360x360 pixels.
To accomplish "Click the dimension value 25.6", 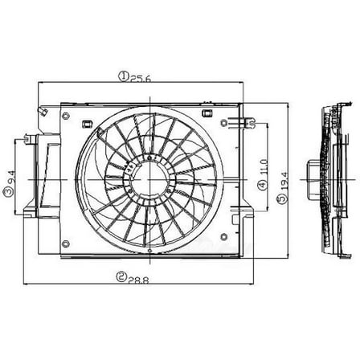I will (x=141, y=77).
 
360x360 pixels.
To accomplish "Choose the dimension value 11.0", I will (x=262, y=168).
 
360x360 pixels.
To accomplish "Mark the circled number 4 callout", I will (x=262, y=186).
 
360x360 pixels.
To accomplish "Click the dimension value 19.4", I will (x=284, y=190).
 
